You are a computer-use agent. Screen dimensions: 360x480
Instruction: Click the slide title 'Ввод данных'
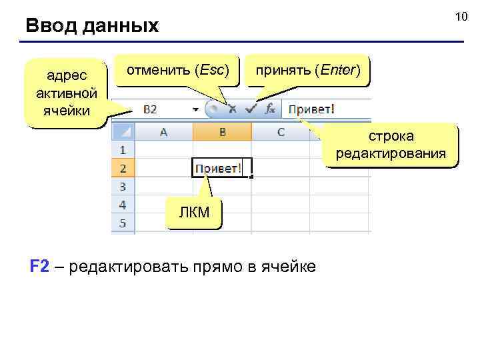[x=92, y=26]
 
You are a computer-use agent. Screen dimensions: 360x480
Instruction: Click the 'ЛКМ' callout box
[x=194, y=213]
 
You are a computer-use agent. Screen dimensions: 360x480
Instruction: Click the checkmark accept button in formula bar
[x=250, y=109]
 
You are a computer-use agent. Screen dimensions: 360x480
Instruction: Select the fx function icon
[x=270, y=109]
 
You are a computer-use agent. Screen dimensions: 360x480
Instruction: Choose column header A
[x=163, y=132]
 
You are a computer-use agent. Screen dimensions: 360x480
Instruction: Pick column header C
[x=281, y=132]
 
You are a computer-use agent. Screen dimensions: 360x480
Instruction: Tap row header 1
[x=123, y=150]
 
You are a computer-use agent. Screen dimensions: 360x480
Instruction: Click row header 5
[x=123, y=222]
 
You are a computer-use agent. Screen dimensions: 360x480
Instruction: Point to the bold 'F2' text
[x=39, y=267]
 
